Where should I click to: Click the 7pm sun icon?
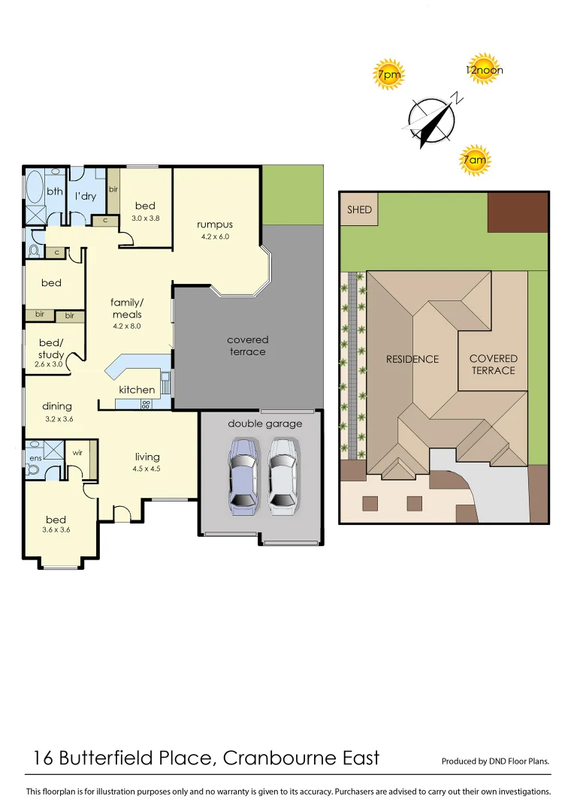pyautogui.click(x=389, y=74)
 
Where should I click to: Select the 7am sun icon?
pyautogui.click(x=474, y=159)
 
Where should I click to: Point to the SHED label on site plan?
pyautogui.click(x=359, y=210)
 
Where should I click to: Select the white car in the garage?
pyautogui.click(x=282, y=477)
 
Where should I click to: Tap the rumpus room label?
pyautogui.click(x=215, y=225)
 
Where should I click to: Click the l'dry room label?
pyautogui.click(x=85, y=196)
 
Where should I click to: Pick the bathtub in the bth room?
pyautogui.click(x=35, y=188)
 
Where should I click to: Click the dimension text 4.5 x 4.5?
pyautogui.click(x=147, y=469)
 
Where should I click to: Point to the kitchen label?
pyautogui.click(x=137, y=390)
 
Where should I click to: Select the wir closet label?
pyautogui.click(x=77, y=453)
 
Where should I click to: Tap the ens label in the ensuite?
pyautogui.click(x=35, y=457)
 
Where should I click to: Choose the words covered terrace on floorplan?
pyautogui.click(x=247, y=345)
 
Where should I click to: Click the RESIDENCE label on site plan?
pyautogui.click(x=412, y=359)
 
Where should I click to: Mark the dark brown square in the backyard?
pyautogui.click(x=518, y=212)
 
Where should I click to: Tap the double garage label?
pyautogui.click(x=264, y=424)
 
